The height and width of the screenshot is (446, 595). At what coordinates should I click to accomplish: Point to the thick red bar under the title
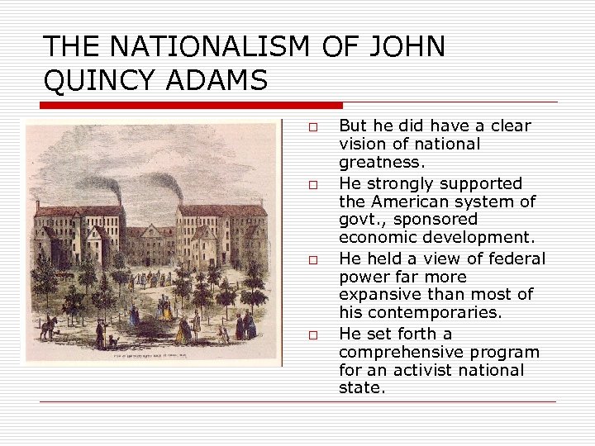click(191, 106)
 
